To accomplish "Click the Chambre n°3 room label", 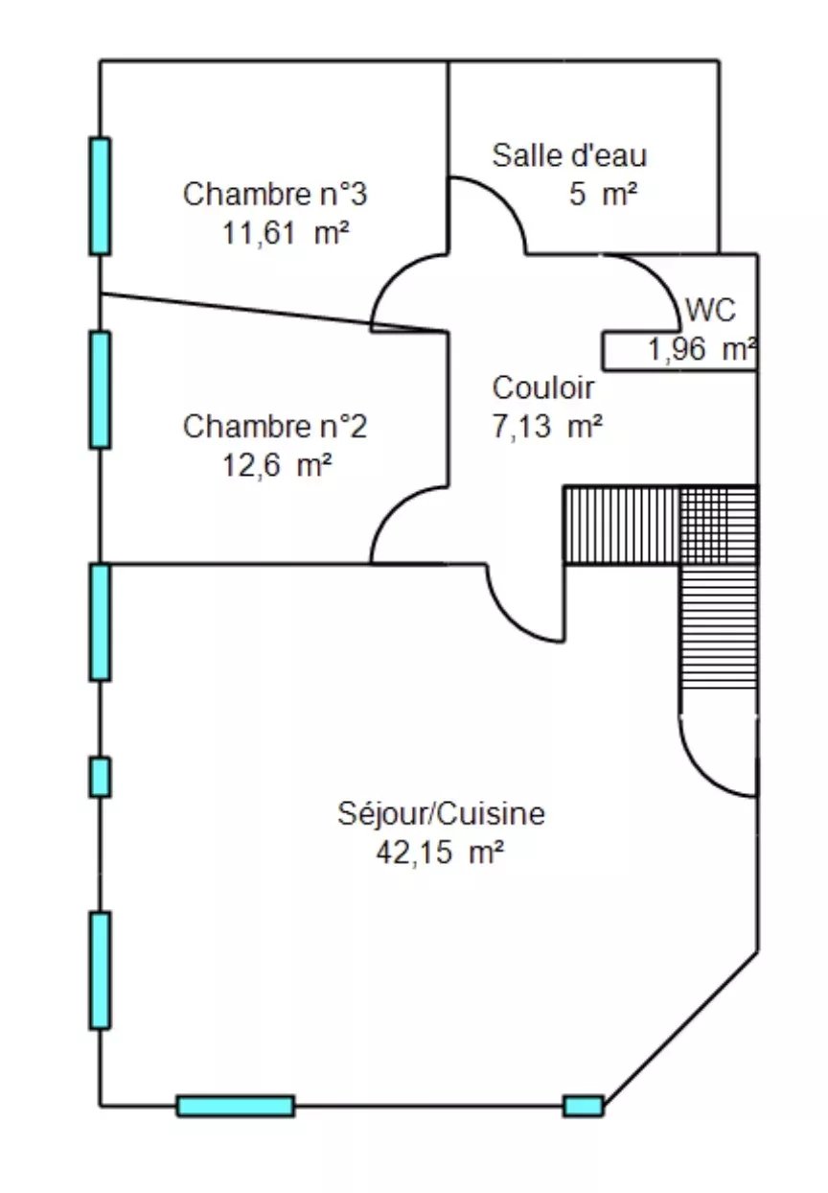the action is (275, 194).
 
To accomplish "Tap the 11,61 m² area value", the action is (286, 233).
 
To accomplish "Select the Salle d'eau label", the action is (569, 155).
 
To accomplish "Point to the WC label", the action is (710, 310).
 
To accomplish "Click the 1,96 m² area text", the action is (701, 349).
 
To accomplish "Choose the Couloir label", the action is (542, 387).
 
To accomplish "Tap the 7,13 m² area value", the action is (547, 427).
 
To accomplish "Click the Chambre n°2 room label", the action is (275, 427).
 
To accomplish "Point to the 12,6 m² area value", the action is (277, 466).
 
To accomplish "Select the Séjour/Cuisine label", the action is (441, 814).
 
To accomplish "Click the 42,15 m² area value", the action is (440, 854).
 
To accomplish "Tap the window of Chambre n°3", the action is (100, 196).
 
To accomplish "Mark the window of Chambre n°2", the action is (100, 390).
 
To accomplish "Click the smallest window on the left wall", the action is (100, 777).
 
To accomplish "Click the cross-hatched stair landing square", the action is (719, 525).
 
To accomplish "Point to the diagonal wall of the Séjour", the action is (681, 1029).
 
